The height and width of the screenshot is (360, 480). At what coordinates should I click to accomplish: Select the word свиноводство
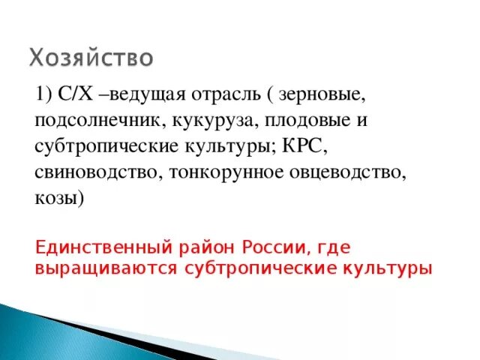point(93,172)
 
